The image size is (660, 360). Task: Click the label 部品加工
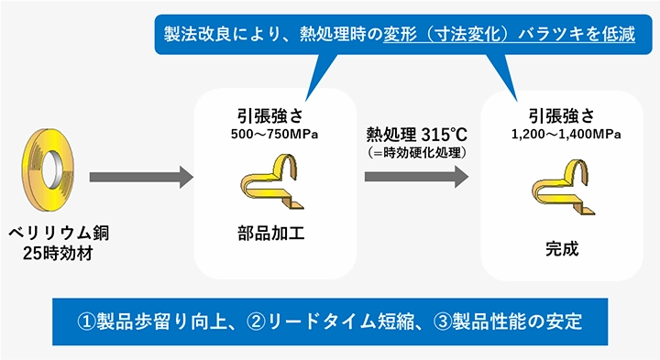[272, 231]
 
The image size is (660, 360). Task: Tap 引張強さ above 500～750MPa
[273, 116]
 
